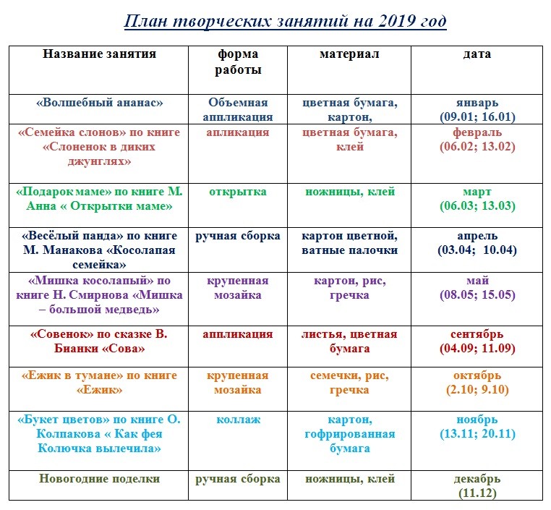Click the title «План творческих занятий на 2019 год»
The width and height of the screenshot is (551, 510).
tap(285, 21)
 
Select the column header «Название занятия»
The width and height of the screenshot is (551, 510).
tap(99, 54)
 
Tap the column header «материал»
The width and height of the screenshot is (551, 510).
tap(349, 54)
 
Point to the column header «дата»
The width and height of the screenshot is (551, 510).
tap(477, 54)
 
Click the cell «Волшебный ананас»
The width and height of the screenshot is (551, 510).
tap(99, 103)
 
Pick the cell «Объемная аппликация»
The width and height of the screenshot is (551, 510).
tap(238, 109)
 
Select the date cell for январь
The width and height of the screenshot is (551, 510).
tap(477, 109)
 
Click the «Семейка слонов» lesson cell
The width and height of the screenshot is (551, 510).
tap(99, 147)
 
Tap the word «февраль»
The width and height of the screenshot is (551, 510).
tap(477, 133)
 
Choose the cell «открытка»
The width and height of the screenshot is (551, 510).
tap(238, 192)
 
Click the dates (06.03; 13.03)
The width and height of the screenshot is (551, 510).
tap(477, 206)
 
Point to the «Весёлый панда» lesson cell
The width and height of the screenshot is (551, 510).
tap(99, 250)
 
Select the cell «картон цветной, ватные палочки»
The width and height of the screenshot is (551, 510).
tap(349, 243)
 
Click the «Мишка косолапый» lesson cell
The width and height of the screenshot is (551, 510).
tap(99, 295)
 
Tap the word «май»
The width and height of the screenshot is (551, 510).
tap(477, 281)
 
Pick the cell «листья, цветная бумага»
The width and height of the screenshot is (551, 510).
tap(349, 341)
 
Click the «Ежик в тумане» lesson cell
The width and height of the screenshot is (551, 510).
tap(99, 383)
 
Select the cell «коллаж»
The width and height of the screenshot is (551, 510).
tap(238, 420)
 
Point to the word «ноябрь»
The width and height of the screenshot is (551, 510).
tap(477, 420)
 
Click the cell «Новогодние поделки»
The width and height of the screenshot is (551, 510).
tap(99, 479)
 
